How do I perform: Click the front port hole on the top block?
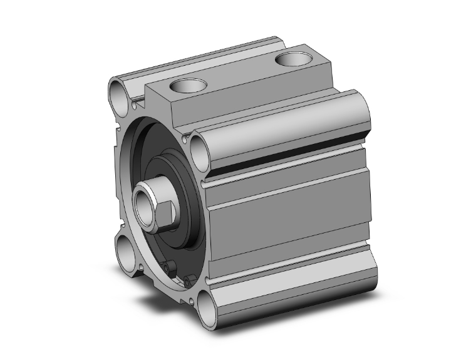tap(187, 86)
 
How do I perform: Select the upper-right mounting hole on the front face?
tap(200, 152)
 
